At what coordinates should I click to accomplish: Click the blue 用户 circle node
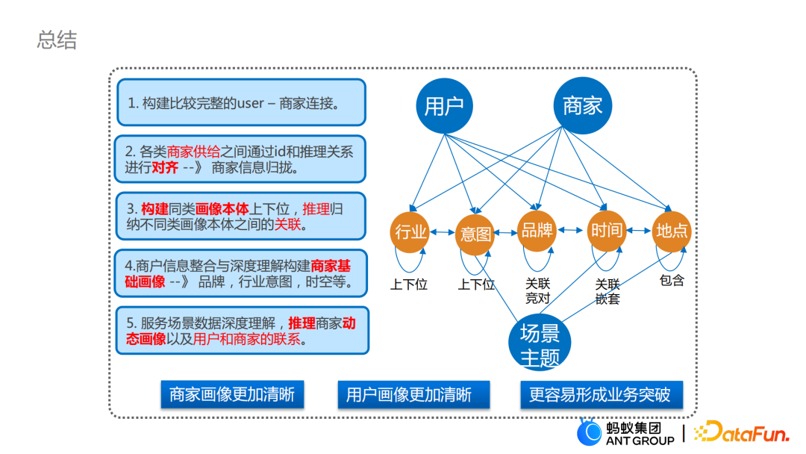click(x=445, y=106)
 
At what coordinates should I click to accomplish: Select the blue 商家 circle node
click(x=583, y=106)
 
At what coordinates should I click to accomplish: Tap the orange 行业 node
click(x=410, y=232)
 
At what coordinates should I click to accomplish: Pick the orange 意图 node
click(x=475, y=233)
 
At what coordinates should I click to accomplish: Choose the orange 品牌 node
click(x=537, y=231)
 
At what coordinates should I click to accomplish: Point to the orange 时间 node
click(x=606, y=230)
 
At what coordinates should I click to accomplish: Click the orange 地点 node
click(x=672, y=231)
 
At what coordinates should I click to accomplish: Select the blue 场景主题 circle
click(x=540, y=344)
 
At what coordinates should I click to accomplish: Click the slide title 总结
click(x=57, y=40)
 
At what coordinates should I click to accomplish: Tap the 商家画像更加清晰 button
click(x=232, y=394)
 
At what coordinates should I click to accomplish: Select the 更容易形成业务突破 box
click(x=600, y=394)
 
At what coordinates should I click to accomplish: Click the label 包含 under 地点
click(x=672, y=281)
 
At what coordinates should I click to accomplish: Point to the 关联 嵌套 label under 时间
click(x=607, y=291)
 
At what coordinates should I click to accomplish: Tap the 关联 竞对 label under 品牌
click(x=537, y=291)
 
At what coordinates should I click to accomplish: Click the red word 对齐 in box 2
click(x=165, y=167)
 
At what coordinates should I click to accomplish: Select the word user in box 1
click(x=250, y=104)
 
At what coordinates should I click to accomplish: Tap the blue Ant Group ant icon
click(x=590, y=432)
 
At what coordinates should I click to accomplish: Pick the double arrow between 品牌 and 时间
click(x=572, y=231)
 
